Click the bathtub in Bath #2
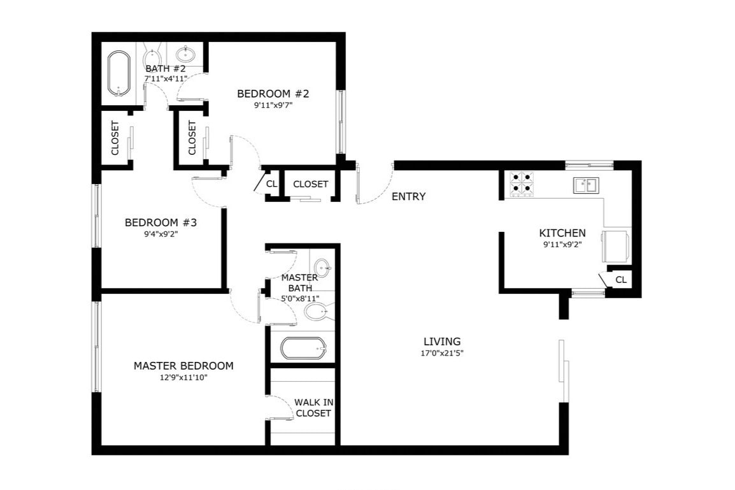tap(118, 73)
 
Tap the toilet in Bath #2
tap(153, 55)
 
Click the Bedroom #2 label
tap(273, 94)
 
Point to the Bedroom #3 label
tap(161, 222)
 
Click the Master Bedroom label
tap(183, 366)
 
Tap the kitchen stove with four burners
tap(522, 184)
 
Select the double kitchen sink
tap(585, 185)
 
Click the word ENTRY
tap(408, 197)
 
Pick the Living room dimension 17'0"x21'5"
tap(442, 353)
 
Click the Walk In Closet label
tap(313, 408)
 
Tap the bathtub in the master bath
tap(304, 349)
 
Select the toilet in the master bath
tap(316, 312)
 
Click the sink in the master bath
tap(322, 268)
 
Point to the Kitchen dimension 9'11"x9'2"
tap(562, 243)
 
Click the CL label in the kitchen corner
tap(620, 280)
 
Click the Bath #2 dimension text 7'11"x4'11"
tap(166, 78)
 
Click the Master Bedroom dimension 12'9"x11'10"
tap(183, 377)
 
